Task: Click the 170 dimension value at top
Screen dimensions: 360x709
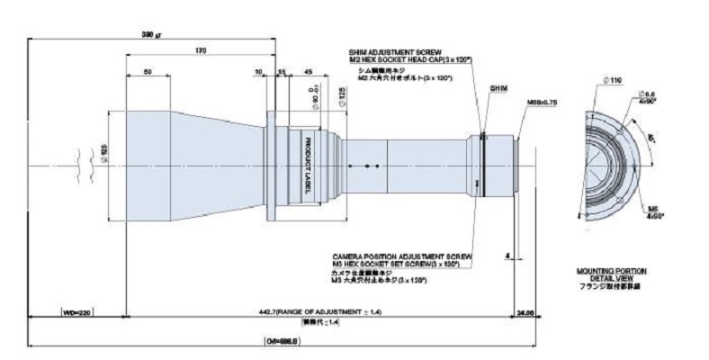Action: point(200,50)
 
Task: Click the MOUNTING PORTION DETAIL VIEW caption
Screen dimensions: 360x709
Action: point(611,274)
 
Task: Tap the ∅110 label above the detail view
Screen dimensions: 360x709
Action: point(615,81)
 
